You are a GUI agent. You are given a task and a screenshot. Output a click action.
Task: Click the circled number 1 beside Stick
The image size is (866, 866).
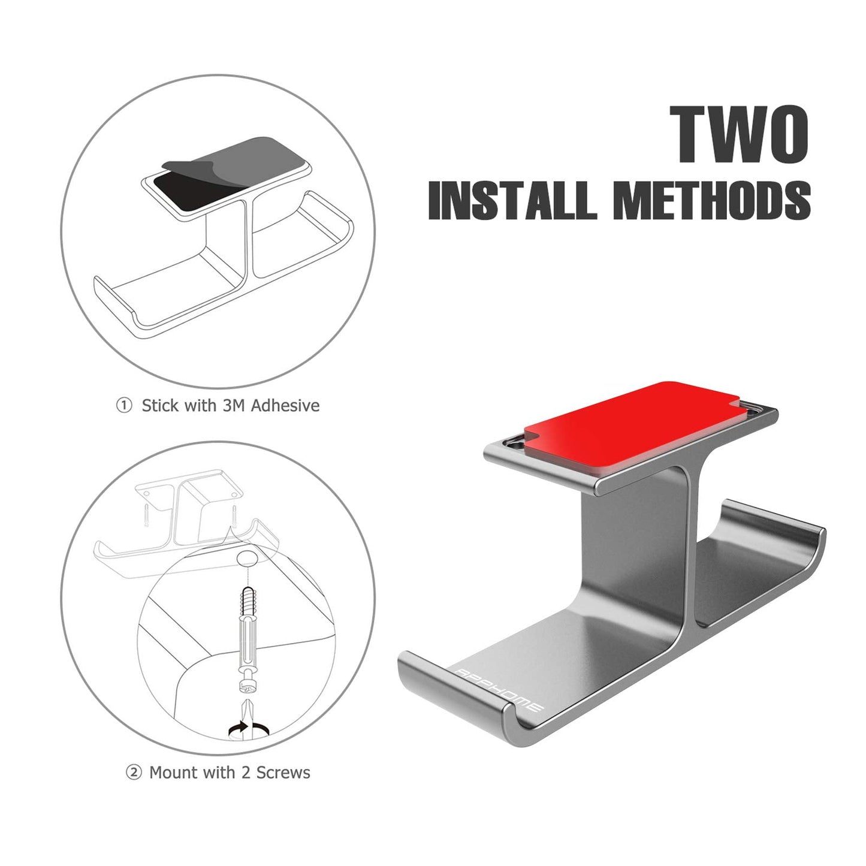(x=123, y=406)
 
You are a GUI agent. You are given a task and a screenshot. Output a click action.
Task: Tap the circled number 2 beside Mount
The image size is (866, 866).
(x=133, y=773)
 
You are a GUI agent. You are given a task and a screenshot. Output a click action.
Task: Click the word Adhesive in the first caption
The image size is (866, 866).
(x=285, y=406)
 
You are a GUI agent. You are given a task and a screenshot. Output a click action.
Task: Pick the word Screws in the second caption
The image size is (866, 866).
(x=283, y=773)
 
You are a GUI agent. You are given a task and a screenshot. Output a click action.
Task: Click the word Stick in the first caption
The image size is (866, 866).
(x=160, y=406)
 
